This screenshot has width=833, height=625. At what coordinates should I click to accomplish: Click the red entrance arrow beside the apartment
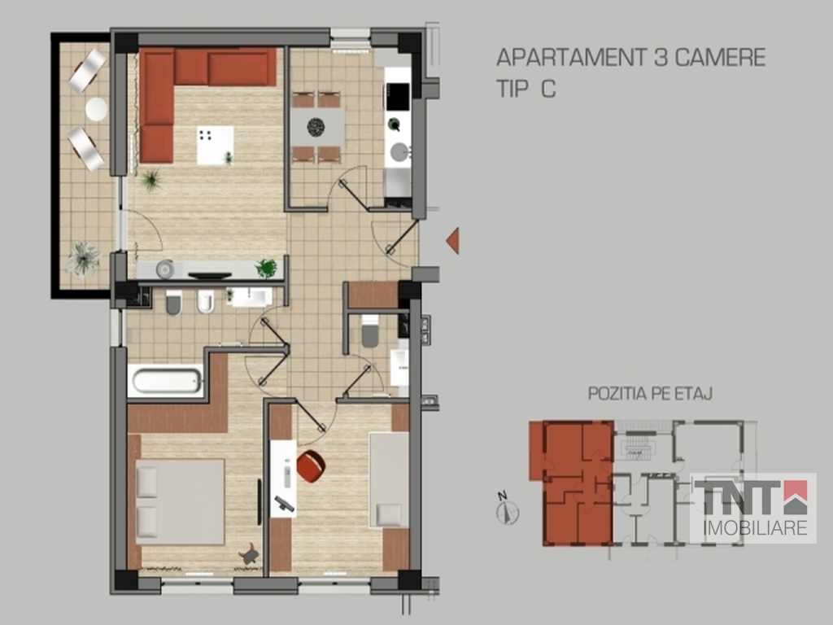pyautogui.click(x=453, y=240)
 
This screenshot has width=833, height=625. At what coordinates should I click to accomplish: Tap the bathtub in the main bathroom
pyautogui.click(x=166, y=381)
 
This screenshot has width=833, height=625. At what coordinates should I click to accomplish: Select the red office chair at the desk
pyautogui.click(x=312, y=466)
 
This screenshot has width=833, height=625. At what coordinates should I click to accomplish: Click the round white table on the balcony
pyautogui.click(x=97, y=109)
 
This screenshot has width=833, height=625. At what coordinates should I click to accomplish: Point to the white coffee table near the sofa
pyautogui.click(x=215, y=145)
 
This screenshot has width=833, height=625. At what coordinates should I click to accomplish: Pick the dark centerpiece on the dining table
pyautogui.click(x=316, y=126)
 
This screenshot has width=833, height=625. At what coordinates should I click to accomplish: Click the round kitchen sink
pyautogui.click(x=399, y=152)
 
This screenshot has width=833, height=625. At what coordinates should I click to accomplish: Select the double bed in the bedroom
pyautogui.click(x=180, y=501)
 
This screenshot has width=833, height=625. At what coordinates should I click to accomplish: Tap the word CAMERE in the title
pyautogui.click(x=720, y=58)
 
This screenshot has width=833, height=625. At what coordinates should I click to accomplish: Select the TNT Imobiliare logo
pyautogui.click(x=752, y=508)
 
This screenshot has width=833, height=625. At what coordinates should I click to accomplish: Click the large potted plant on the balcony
pyautogui.click(x=83, y=260)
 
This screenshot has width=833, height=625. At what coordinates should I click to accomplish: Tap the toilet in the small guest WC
pyautogui.click(x=370, y=332)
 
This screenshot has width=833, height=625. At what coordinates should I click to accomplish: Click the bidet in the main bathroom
pyautogui.click(x=205, y=301)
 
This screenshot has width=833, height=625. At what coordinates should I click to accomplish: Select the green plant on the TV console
pyautogui.click(x=267, y=269)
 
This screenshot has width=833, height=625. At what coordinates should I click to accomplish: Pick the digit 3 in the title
pyautogui.click(x=661, y=58)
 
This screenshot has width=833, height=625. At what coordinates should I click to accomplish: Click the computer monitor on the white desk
pyautogui.click(x=285, y=503)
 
